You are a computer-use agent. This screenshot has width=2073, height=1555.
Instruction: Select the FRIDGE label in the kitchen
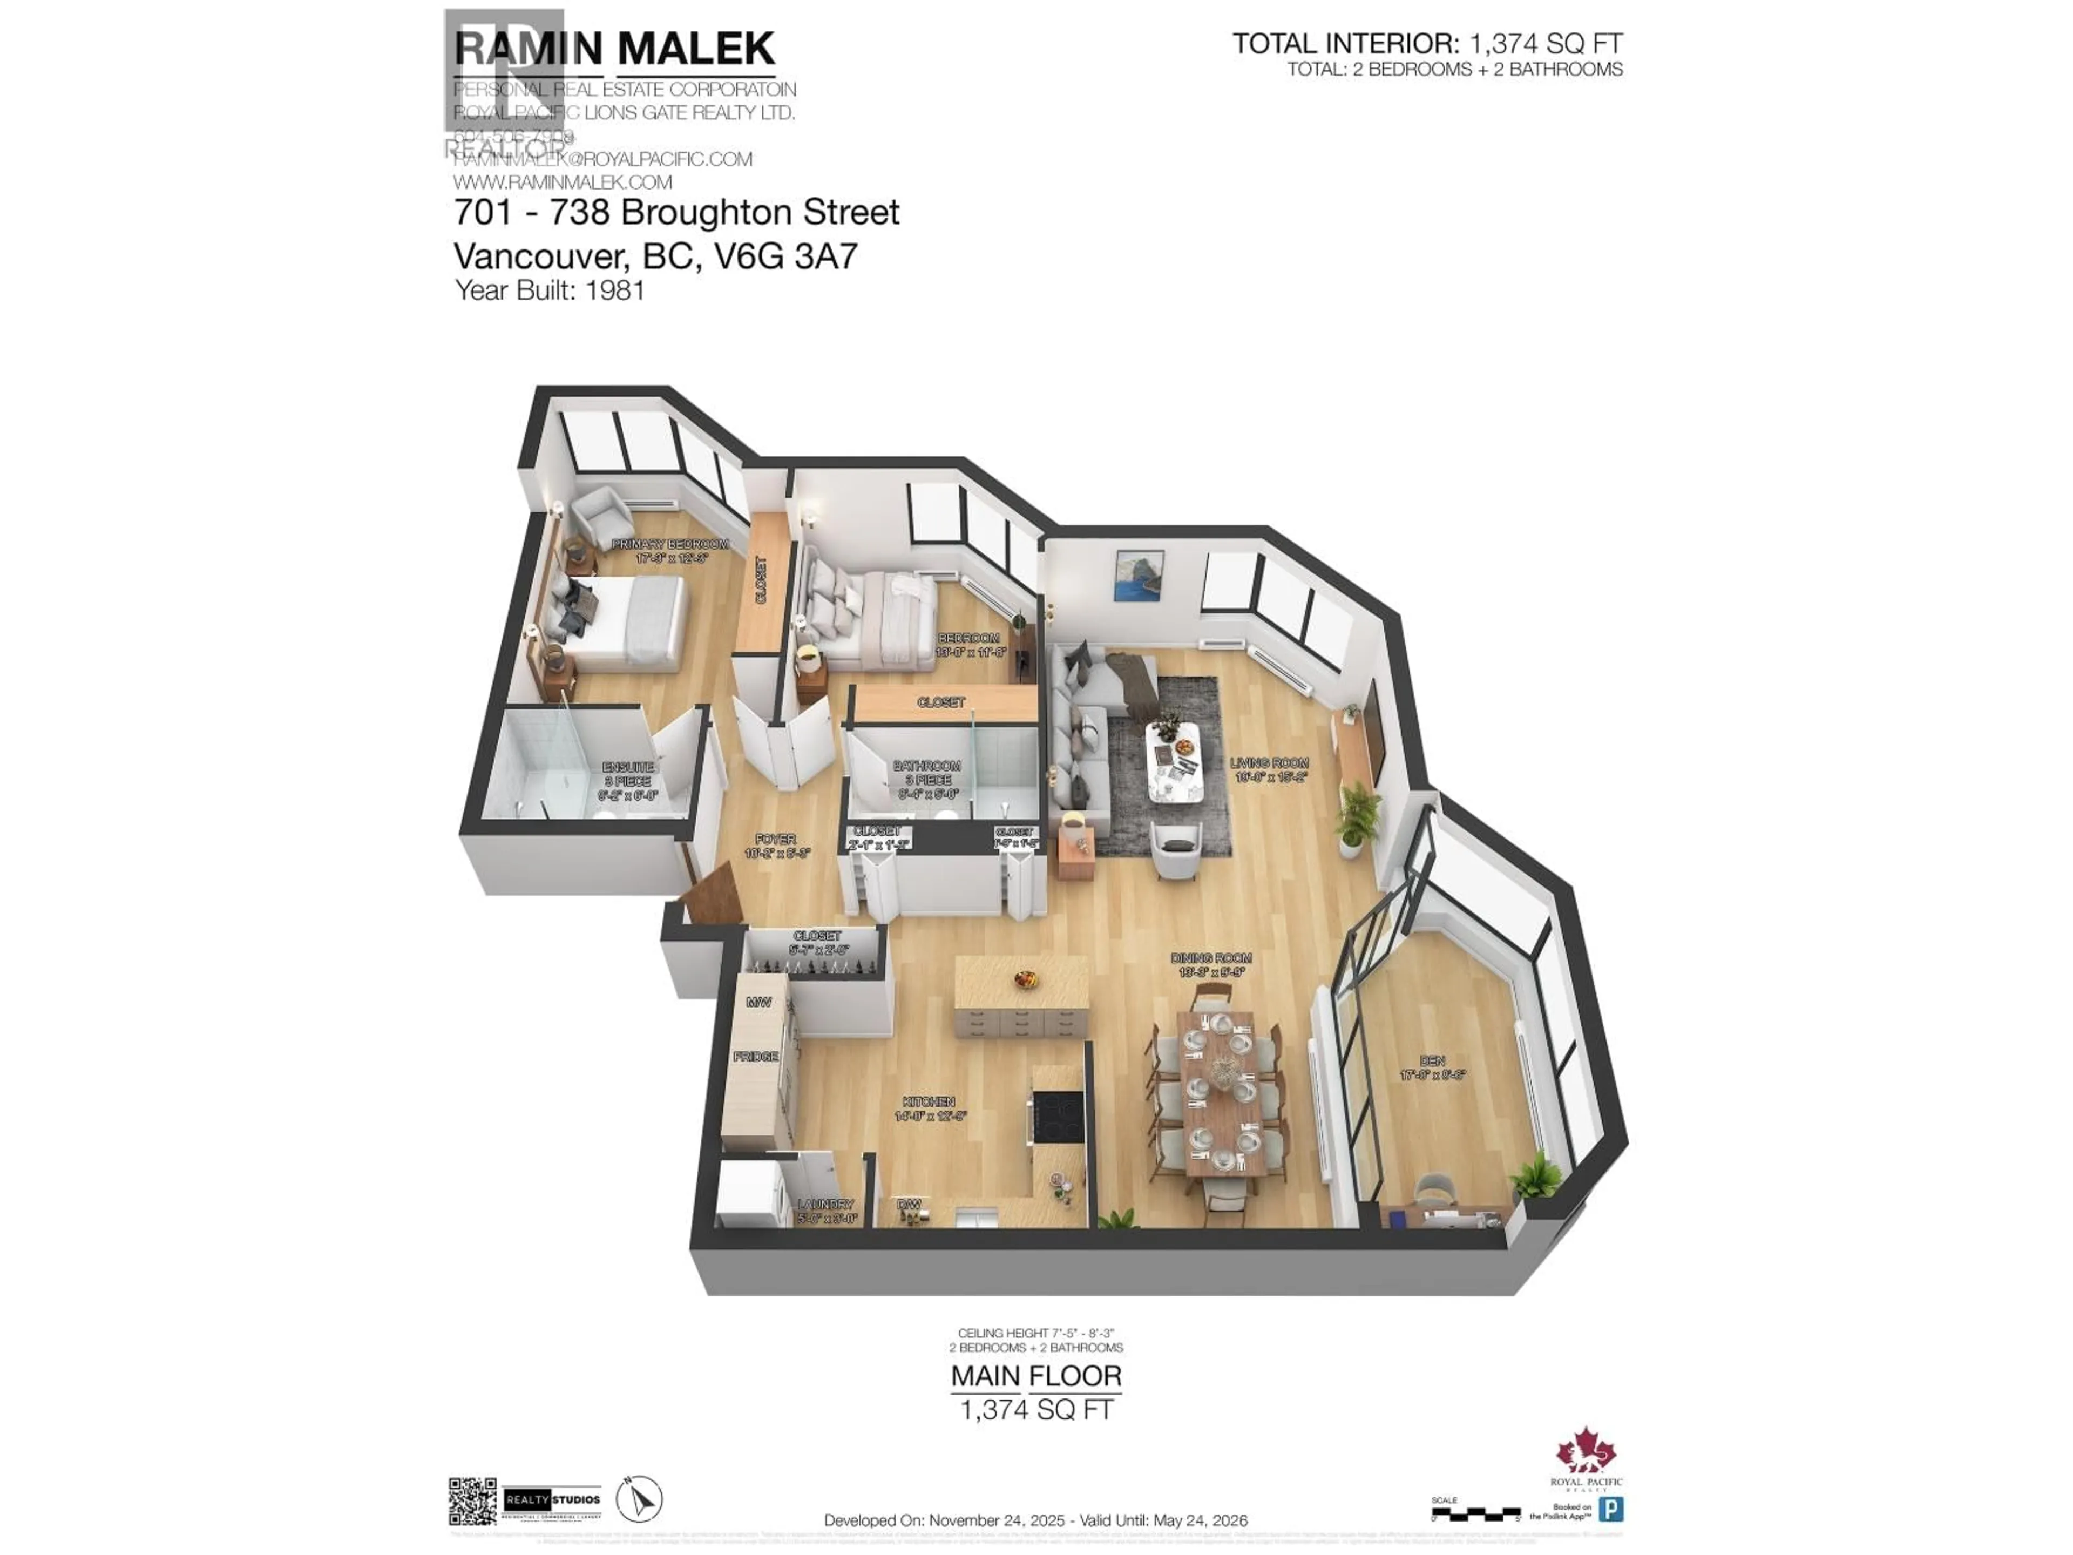pos(755,1056)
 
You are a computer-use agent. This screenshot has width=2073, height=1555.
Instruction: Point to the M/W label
pos(758,1002)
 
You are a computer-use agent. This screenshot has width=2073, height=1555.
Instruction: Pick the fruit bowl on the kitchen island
pos(1025,979)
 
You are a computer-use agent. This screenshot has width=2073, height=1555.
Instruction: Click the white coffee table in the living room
pos(1175,761)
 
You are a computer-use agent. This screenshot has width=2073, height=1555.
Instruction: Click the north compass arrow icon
pos(639,1499)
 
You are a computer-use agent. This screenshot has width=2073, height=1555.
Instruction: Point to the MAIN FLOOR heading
pos(1035,1376)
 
